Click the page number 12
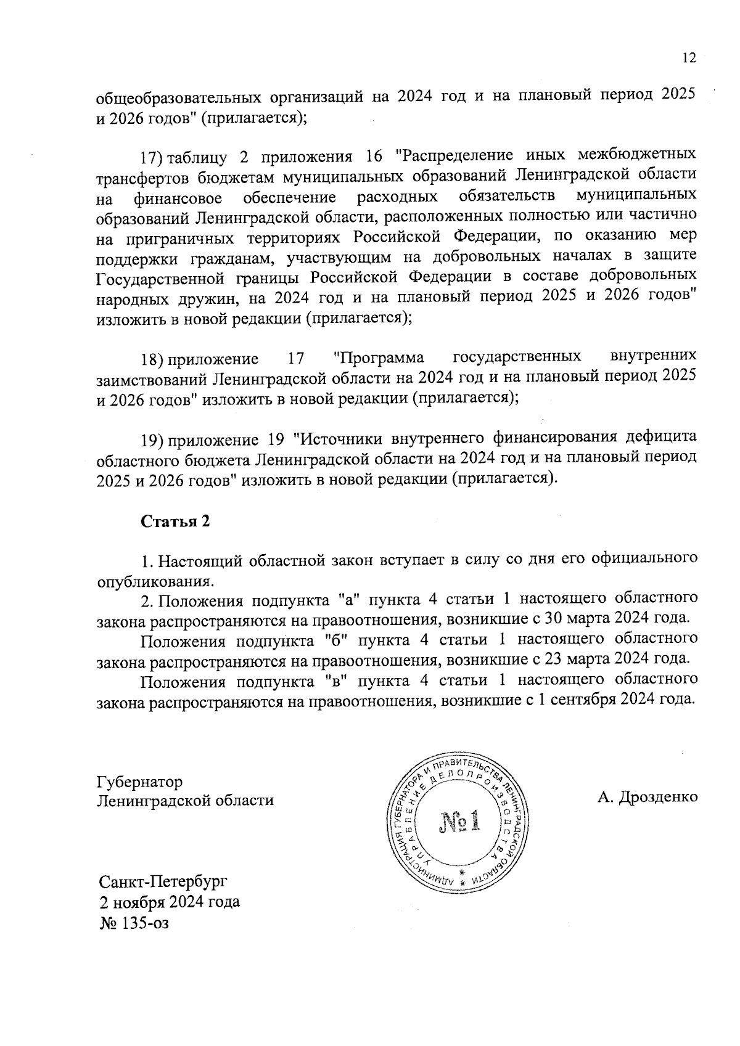click(x=689, y=59)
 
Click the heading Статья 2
click(x=176, y=521)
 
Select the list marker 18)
click(x=152, y=359)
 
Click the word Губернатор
click(x=139, y=782)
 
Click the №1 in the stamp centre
click(x=459, y=822)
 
